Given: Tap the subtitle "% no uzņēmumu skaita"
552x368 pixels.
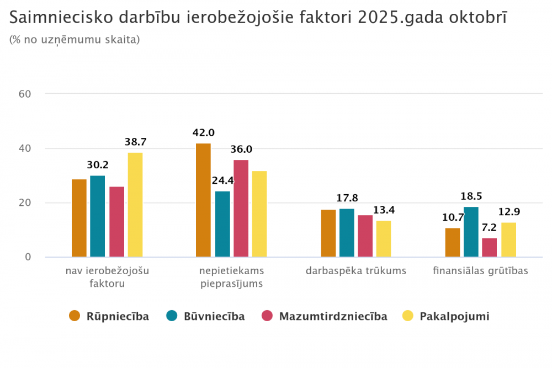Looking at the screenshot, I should pos(75,40).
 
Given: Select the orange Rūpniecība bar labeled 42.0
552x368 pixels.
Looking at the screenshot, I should pos(203,200).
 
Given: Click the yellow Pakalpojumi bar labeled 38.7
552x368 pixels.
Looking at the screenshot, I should pos(135,205).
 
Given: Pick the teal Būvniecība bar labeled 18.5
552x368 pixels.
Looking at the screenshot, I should pos(471,232).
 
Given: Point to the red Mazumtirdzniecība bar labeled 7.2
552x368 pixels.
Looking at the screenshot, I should pos(489,247).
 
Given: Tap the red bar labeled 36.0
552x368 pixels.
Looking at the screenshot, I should pos(241,208).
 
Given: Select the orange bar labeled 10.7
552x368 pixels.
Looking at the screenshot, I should pos(453,242).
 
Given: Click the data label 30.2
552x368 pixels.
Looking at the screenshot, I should pos(98,164).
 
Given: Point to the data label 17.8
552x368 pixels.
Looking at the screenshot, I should pos(347,198).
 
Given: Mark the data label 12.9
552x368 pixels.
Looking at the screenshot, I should pos(509,212).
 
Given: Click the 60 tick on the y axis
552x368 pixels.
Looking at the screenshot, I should pos(24,94).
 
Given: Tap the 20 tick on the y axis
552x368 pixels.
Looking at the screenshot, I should pos(24,203).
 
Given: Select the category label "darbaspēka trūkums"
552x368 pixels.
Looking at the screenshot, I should pos(356,271).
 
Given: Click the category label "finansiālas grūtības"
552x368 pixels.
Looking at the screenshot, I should pos(480,271).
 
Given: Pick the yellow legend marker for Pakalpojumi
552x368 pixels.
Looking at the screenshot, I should pos(408,316).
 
